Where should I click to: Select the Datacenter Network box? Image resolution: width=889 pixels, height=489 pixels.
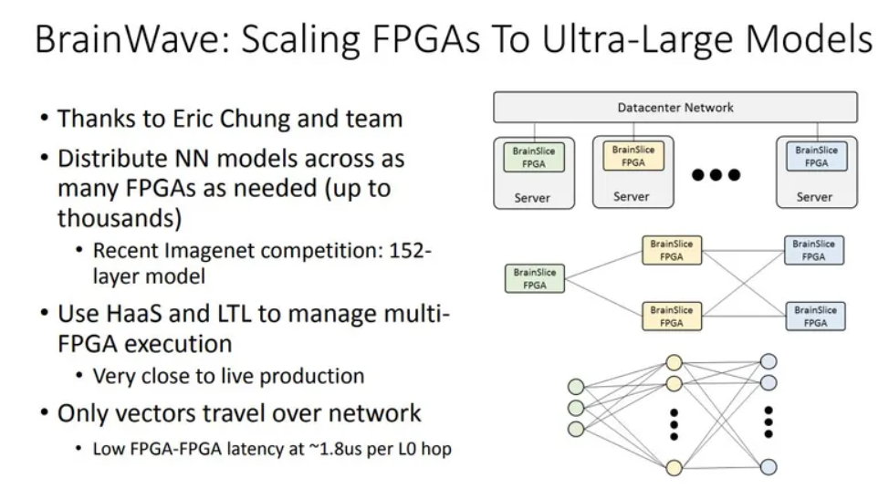[x=675, y=108]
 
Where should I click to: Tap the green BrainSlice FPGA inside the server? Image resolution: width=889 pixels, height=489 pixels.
[x=534, y=157]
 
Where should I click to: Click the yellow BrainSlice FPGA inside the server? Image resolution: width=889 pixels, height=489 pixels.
[x=633, y=156]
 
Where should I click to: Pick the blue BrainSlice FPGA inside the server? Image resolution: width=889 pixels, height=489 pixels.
[x=816, y=157]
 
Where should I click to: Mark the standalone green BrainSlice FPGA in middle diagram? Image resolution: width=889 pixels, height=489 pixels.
[x=535, y=278]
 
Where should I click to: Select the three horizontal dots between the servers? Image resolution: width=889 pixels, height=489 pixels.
[x=716, y=174]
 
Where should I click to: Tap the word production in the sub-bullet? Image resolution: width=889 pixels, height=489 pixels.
[x=315, y=376]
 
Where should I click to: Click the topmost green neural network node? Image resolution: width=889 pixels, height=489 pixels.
[x=576, y=385]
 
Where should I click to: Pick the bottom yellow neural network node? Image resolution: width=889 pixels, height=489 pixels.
[x=674, y=467]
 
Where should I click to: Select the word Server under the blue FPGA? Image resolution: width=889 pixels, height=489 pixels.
[x=814, y=197]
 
